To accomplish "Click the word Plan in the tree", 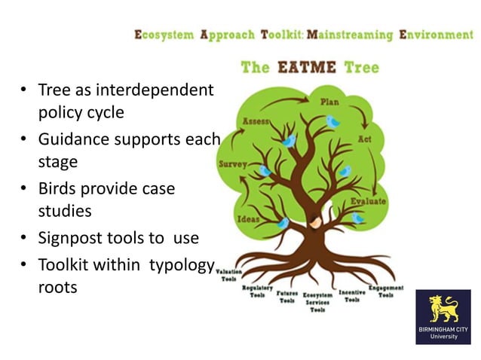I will (x=329, y=102).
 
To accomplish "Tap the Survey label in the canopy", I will (x=232, y=163).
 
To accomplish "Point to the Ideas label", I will (x=249, y=219).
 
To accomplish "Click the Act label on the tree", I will (x=364, y=140).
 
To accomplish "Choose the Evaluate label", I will (x=368, y=202).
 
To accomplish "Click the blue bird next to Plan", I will (x=332, y=121).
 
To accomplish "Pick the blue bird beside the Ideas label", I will (x=283, y=222).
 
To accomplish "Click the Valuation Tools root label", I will (x=228, y=274).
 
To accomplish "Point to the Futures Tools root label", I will (x=286, y=297).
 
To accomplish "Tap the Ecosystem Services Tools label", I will (x=317, y=302).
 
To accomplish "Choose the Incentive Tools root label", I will (x=352, y=295).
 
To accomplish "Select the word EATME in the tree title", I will (x=308, y=67).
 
